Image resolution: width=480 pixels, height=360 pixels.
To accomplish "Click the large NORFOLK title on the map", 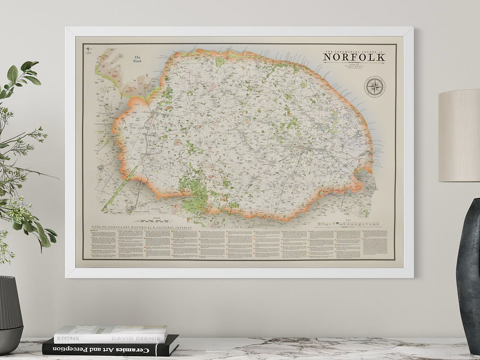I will point(354,57).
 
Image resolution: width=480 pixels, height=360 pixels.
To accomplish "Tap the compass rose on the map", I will point(375,87).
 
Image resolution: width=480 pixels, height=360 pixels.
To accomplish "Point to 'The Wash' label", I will point(138,60).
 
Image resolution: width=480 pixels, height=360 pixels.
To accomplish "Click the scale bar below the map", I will point(156,220).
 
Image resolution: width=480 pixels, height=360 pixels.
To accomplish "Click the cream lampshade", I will point(459,136).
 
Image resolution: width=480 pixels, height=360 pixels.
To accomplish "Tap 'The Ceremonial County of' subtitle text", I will point(354,51).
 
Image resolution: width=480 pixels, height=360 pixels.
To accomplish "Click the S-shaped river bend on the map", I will point(104,89).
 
